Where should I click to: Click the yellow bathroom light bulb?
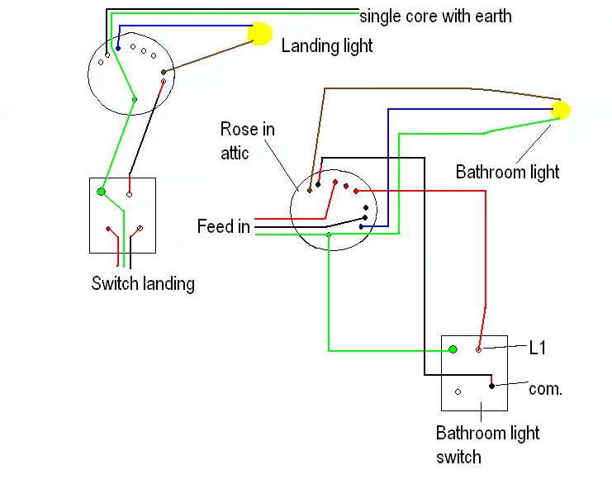(x=562, y=110)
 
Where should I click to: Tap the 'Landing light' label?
(x=327, y=45)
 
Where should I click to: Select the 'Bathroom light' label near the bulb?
(x=507, y=172)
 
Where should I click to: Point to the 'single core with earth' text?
(x=435, y=16)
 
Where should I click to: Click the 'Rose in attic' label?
(x=247, y=140)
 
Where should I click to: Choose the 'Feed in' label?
(x=223, y=226)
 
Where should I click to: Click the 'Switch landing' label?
(x=143, y=283)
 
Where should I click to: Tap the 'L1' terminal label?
(x=538, y=349)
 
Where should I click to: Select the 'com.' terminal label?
(x=545, y=388)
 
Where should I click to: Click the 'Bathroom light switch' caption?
(x=487, y=444)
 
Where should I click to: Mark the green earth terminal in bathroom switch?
(x=453, y=349)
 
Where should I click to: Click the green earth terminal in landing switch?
(x=101, y=192)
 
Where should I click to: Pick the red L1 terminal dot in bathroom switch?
(x=478, y=350)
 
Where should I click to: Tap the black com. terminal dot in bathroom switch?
(x=491, y=386)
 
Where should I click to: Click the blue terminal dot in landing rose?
(x=118, y=48)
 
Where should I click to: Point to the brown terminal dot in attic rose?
(x=310, y=191)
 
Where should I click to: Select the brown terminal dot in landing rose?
(x=164, y=73)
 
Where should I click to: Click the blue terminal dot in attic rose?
(x=361, y=225)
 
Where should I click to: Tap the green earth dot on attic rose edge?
(x=329, y=235)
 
